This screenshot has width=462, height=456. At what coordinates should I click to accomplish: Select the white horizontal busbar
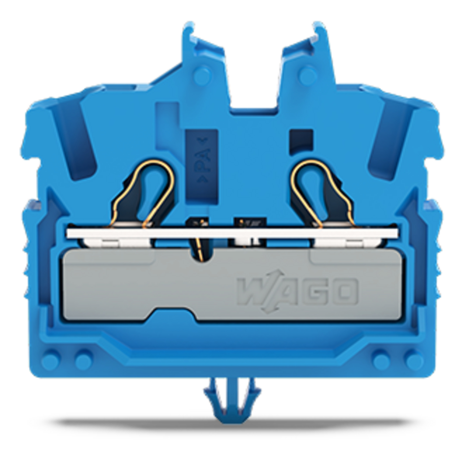(231, 233)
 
